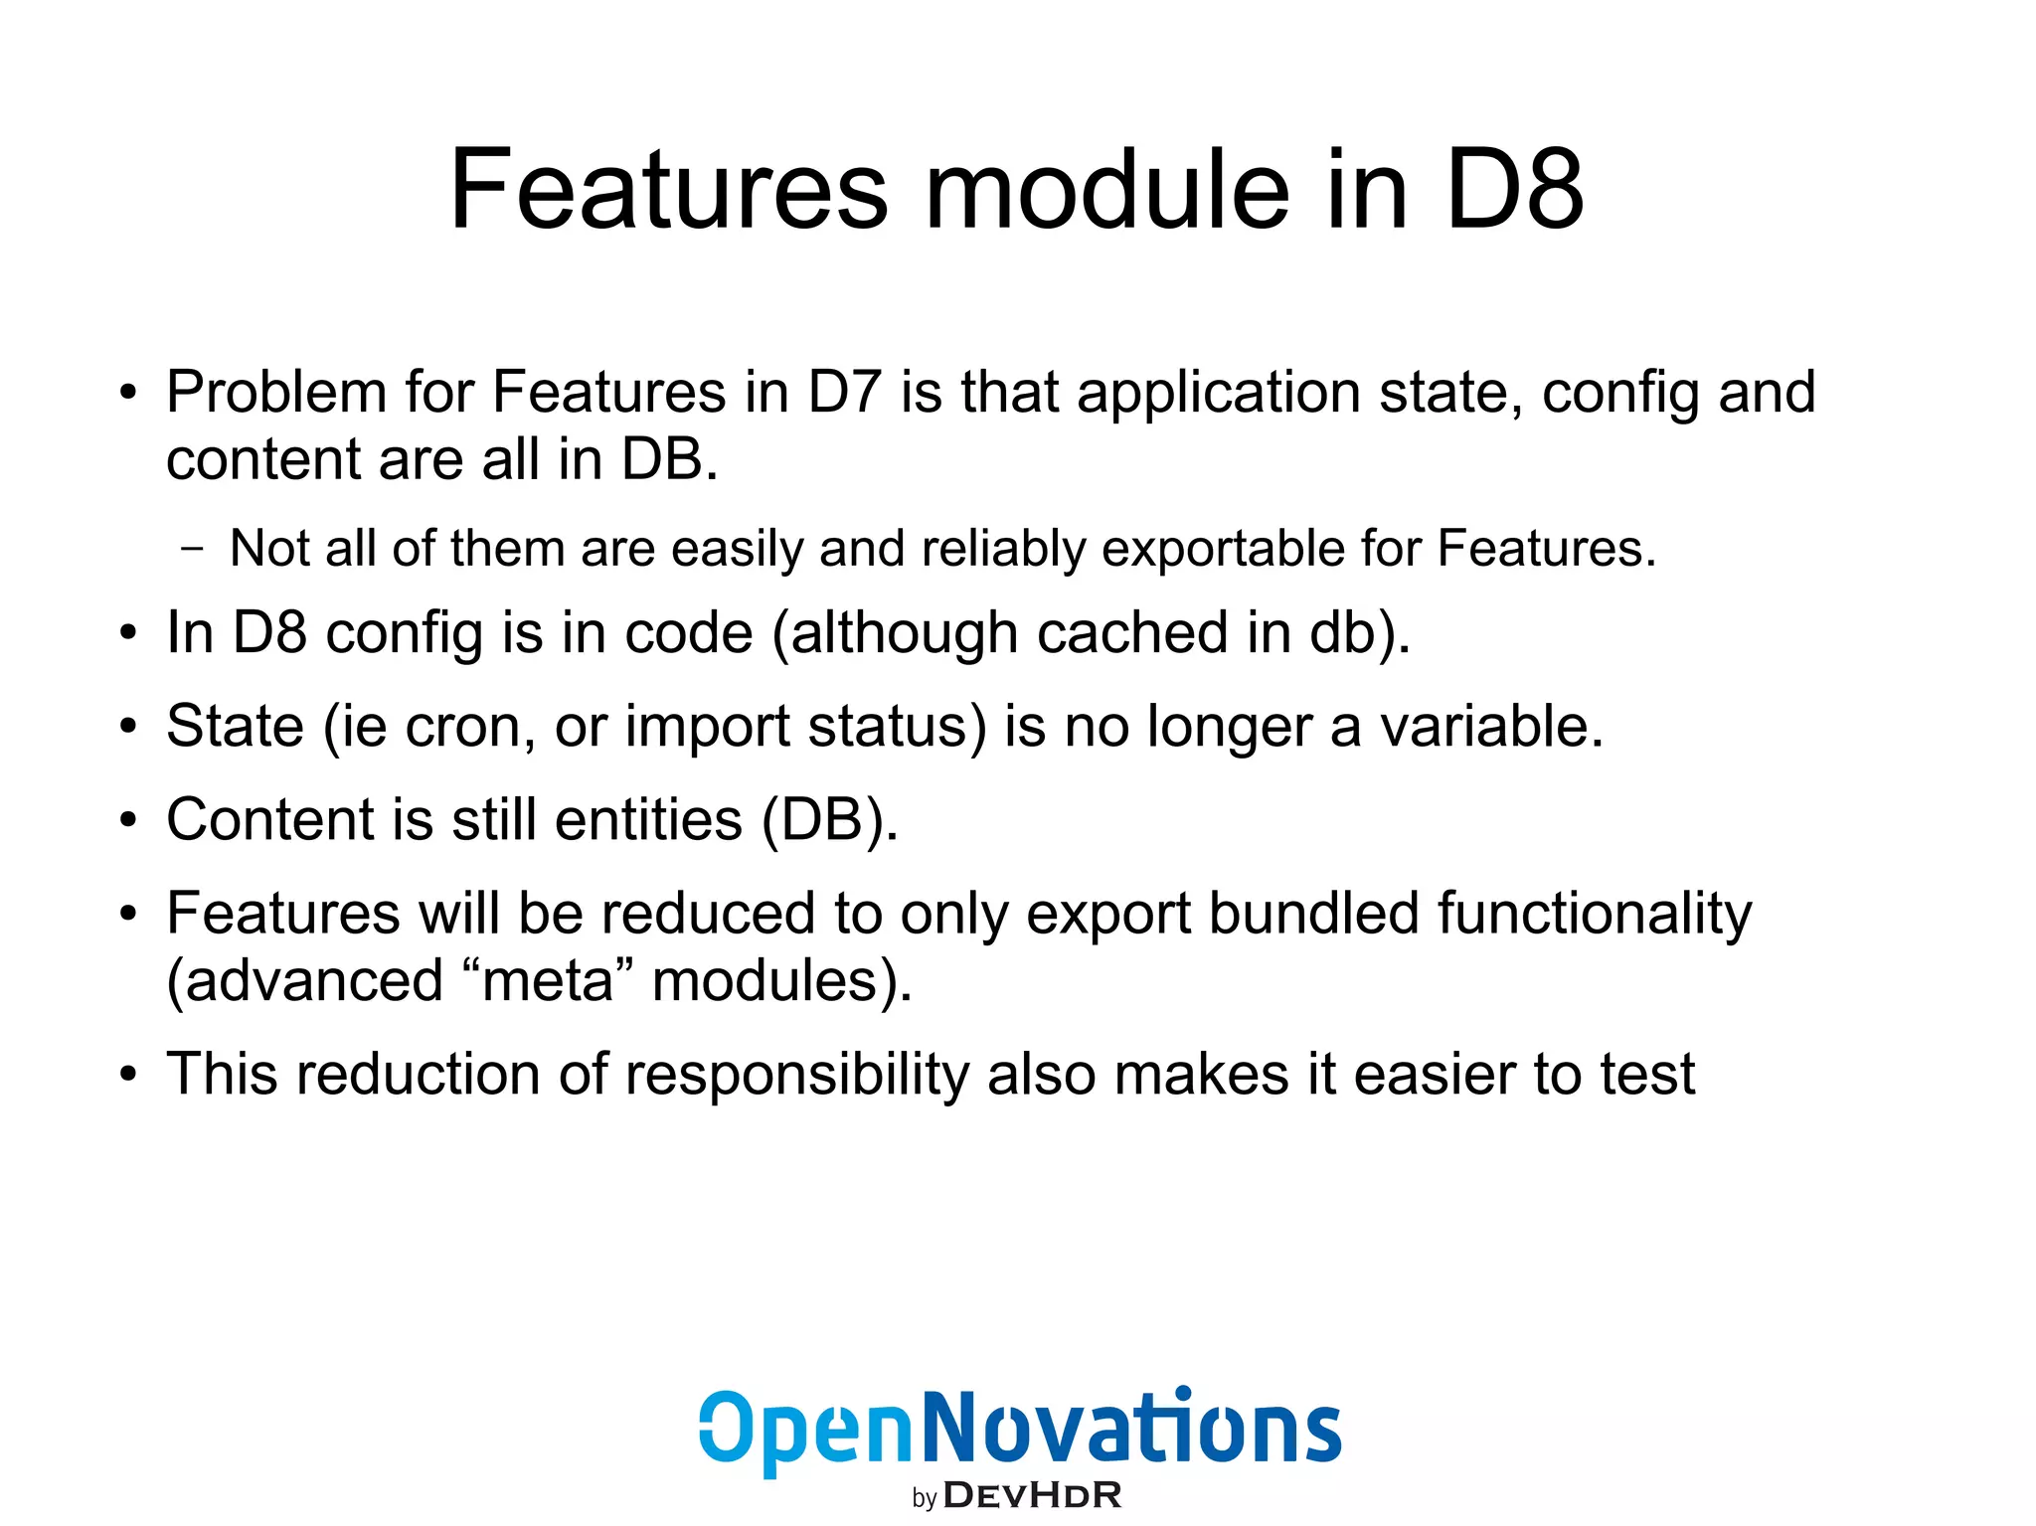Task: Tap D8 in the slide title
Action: click(1513, 191)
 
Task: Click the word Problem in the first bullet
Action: click(276, 393)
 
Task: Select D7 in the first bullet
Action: click(844, 393)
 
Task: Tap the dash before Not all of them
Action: click(193, 548)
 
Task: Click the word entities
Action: click(648, 820)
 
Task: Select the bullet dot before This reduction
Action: click(127, 1077)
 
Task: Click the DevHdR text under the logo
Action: click(1032, 1495)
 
